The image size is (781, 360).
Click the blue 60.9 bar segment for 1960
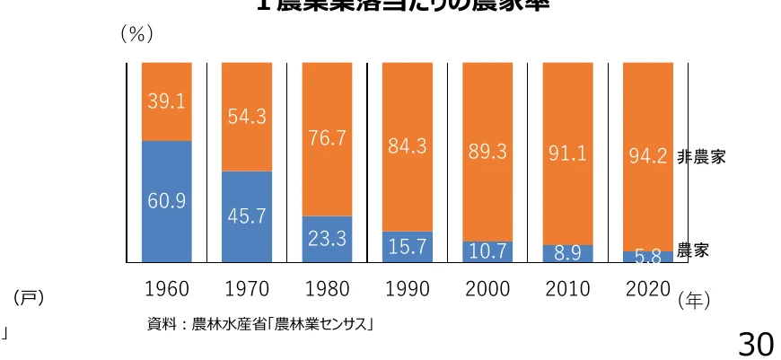pyautogui.click(x=167, y=201)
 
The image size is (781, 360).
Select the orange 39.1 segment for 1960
pyautogui.click(x=167, y=101)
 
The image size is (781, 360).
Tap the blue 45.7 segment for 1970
pyautogui.click(x=246, y=216)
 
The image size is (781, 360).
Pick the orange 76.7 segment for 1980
pyautogui.click(x=326, y=138)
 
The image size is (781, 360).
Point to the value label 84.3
pyautogui.click(x=408, y=146)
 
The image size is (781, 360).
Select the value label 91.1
pyautogui.click(x=567, y=154)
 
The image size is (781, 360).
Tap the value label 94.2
pyautogui.click(x=647, y=158)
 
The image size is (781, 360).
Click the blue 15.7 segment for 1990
pyautogui.click(x=408, y=247)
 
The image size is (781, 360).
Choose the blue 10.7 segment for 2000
pyautogui.click(x=487, y=252)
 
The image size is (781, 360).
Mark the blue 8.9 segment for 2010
pyautogui.click(x=567, y=253)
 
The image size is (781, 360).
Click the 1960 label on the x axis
pyautogui.click(x=167, y=289)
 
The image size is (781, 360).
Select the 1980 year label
pyautogui.click(x=328, y=289)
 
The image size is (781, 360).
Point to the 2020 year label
pyautogui.click(x=647, y=289)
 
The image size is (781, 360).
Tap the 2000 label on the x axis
pyautogui.click(x=487, y=289)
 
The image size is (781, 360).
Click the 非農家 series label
pyautogui.click(x=701, y=157)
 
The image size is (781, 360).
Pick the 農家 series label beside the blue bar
pyautogui.click(x=692, y=250)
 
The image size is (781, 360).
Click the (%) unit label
pyautogui.click(x=136, y=34)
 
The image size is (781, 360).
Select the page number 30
pyautogui.click(x=755, y=342)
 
